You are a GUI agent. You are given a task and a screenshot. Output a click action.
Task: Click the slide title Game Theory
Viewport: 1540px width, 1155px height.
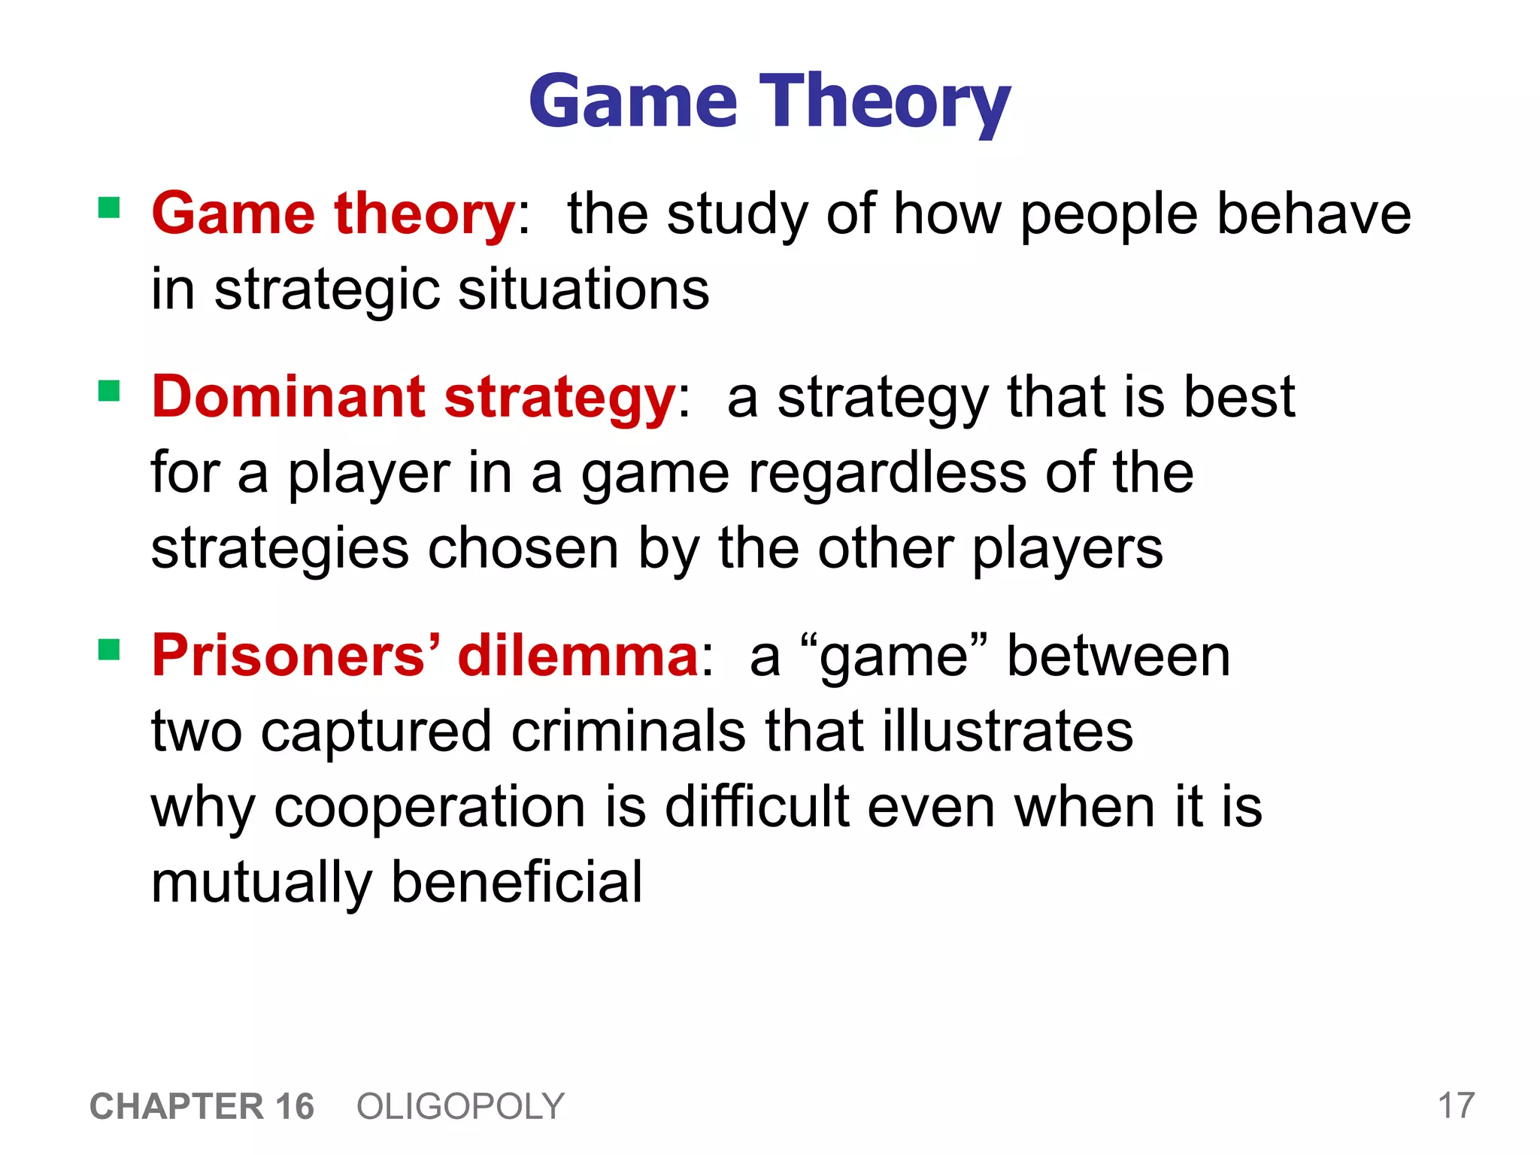click(769, 102)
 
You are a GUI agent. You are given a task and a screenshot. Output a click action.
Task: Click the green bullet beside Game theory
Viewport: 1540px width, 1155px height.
click(109, 207)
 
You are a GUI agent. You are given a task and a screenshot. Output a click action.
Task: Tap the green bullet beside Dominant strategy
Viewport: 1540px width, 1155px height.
click(109, 390)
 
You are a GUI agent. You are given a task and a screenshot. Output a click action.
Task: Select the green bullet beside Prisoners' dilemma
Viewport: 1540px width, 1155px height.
click(109, 648)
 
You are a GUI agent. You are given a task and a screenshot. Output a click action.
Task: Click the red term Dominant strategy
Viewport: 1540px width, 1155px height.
click(414, 397)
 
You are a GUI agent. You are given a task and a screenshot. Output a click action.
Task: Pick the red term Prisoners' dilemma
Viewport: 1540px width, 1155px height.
click(426, 656)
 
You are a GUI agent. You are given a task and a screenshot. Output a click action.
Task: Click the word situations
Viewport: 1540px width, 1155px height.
click(584, 290)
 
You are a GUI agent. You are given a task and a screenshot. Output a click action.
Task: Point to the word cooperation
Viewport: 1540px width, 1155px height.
click(429, 808)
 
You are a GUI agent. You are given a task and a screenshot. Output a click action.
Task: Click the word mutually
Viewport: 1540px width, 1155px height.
click(261, 884)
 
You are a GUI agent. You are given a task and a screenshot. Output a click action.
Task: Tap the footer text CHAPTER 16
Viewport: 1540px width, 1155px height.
click(202, 1106)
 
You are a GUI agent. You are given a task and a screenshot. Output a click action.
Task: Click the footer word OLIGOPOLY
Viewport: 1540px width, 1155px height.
click(460, 1106)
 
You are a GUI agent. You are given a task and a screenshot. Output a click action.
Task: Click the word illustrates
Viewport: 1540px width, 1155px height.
click(1008, 731)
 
